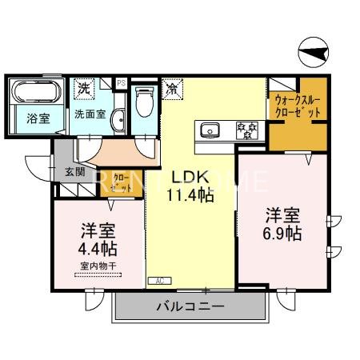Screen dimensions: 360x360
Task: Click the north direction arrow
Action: (x=313, y=54)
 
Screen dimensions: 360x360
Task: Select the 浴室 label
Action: (x=37, y=120)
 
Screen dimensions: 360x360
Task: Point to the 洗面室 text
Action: (x=90, y=114)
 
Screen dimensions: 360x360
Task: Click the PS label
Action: (x=121, y=82)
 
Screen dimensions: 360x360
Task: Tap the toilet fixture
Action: (x=145, y=102)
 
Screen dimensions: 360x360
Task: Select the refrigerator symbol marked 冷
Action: (x=172, y=89)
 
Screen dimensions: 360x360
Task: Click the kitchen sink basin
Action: (x=210, y=130)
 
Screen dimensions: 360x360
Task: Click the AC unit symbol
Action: (x=158, y=281)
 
